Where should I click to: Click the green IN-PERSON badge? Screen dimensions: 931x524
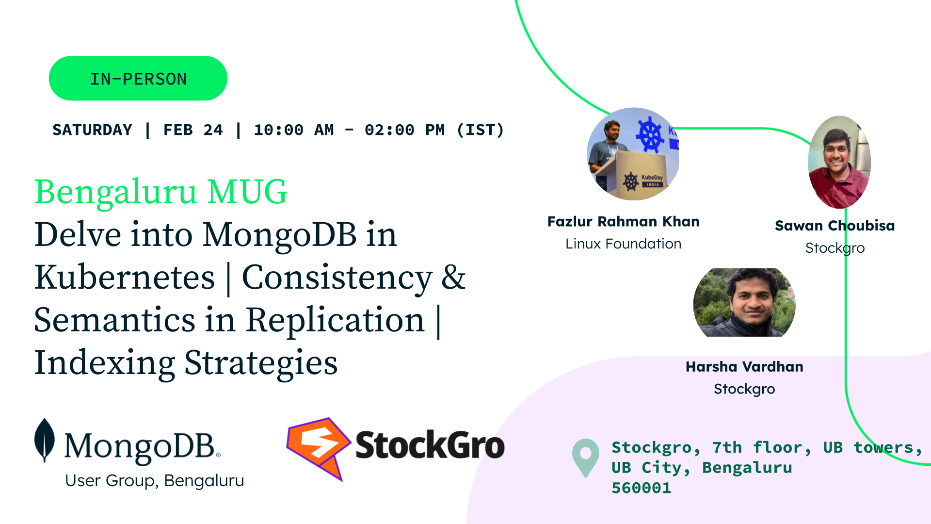click(138, 78)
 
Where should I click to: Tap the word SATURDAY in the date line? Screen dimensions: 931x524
click(92, 130)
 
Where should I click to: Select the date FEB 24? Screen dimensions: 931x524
click(193, 130)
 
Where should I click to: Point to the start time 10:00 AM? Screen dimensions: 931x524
click(294, 130)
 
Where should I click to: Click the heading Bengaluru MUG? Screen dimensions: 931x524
click(161, 192)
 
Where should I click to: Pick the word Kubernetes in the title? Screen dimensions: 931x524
click(125, 277)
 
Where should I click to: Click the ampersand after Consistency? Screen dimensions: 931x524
click(453, 278)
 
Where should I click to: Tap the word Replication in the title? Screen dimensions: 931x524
click(335, 320)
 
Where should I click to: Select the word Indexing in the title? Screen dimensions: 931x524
click(105, 363)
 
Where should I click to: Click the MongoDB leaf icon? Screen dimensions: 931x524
click(45, 440)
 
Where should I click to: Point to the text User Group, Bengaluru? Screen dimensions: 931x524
click(154, 481)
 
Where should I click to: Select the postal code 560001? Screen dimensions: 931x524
click(641, 488)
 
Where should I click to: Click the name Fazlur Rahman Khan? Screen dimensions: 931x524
click(623, 222)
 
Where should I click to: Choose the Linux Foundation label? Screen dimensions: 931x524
click(623, 244)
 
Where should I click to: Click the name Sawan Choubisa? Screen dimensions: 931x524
click(835, 226)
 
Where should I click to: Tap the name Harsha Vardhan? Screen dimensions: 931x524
click(744, 367)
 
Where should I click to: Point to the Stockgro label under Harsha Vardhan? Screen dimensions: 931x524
click(744, 389)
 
